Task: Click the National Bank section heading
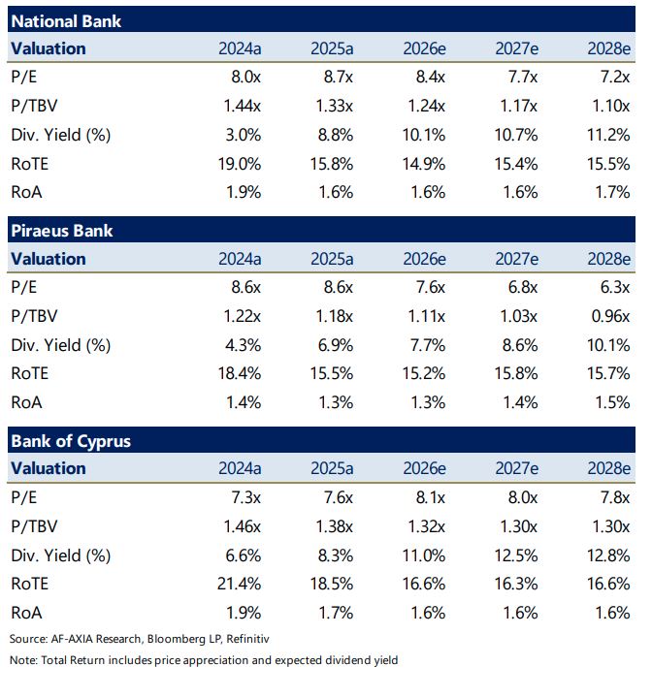pyautogui.click(x=66, y=20)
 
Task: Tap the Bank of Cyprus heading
pyautogui.click(x=70, y=441)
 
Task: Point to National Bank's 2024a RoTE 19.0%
pyautogui.click(x=238, y=163)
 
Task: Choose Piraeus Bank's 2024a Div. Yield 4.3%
pyautogui.click(x=243, y=344)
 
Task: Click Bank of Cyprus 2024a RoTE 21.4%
pyautogui.click(x=238, y=583)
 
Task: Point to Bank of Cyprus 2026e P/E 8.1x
pyautogui.click(x=427, y=497)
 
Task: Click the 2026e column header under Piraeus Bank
pyautogui.click(x=424, y=259)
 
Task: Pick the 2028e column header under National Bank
pyautogui.click(x=609, y=48)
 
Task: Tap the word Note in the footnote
pyautogui.click(x=22, y=661)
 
